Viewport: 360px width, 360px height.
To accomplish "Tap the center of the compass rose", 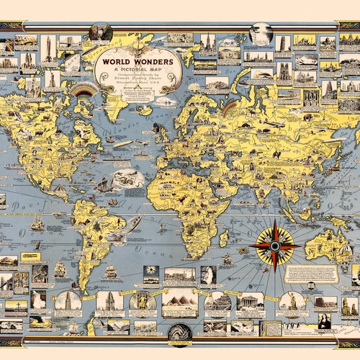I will [x=275, y=245].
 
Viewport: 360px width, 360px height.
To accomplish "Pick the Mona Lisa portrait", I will [x=325, y=321].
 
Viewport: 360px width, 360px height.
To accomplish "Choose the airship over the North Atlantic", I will [x=120, y=143].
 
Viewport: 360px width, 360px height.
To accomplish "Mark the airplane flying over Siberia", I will [x=274, y=124].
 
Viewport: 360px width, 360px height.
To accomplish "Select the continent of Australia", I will [x=328, y=245].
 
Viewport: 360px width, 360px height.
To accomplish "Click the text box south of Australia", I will [x=311, y=274].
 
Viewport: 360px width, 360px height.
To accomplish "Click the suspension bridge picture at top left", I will [x=26, y=42].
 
